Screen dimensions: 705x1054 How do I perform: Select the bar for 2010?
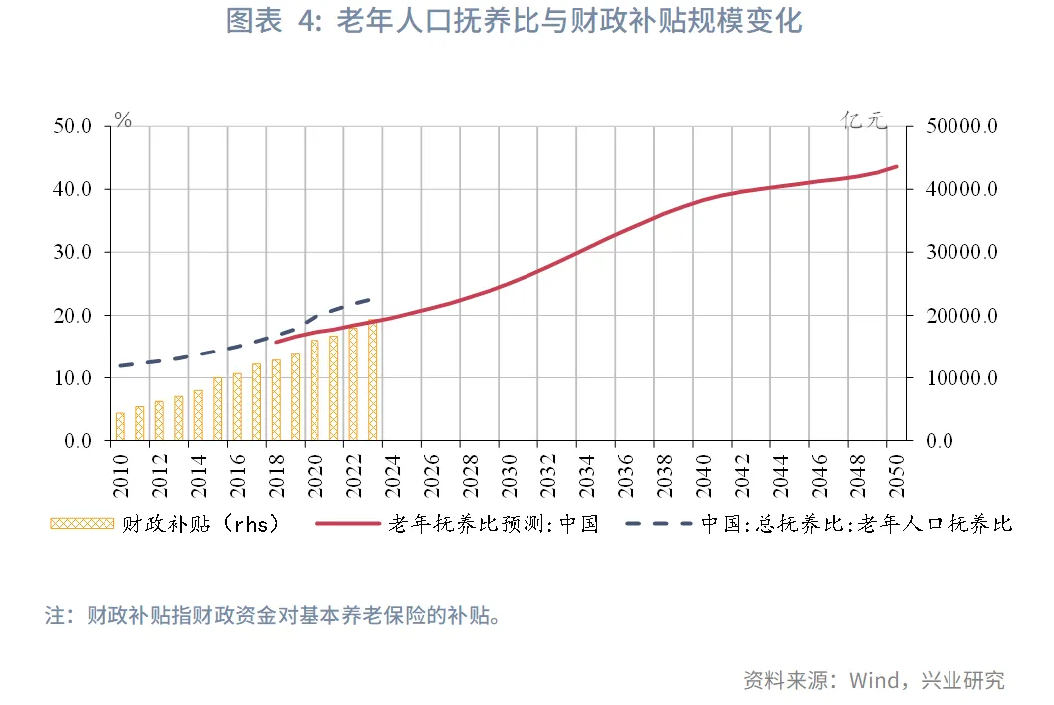coord(120,426)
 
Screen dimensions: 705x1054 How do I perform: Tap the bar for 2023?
coord(373,380)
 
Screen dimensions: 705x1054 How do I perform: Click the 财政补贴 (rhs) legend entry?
coord(164,524)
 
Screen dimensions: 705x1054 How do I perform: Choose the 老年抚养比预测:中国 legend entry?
coord(457,524)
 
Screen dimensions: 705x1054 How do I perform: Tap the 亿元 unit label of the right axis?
coord(863,120)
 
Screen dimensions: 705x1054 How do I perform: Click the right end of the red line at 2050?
coord(897,166)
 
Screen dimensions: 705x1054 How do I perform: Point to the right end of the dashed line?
coord(372,298)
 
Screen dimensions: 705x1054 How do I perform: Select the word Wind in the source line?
coord(873,680)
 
